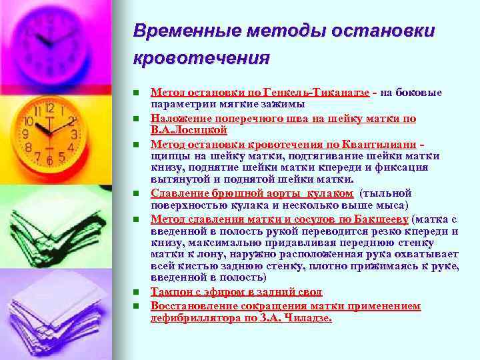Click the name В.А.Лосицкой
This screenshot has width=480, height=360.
pyautogui.click(x=185, y=129)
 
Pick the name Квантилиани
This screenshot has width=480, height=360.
pyautogui.click(x=384, y=143)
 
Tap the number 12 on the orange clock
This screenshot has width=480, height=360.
pyautogui.click(x=49, y=107)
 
